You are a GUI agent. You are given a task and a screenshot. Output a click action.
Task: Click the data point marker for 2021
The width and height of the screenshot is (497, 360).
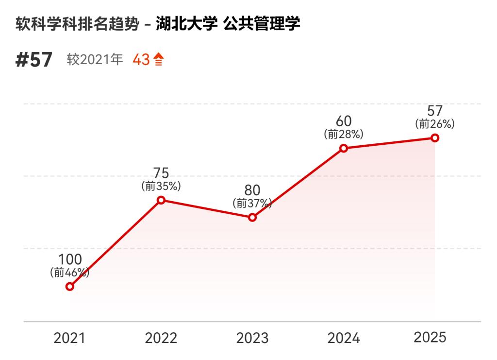70,286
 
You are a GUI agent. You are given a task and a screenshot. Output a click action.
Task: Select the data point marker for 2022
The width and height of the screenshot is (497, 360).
161,200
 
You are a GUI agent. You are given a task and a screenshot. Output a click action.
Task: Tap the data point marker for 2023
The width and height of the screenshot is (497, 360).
252,217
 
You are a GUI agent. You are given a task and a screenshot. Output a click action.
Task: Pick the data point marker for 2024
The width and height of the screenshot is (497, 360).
344,148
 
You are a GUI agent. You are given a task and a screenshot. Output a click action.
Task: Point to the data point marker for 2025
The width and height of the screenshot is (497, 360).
435,138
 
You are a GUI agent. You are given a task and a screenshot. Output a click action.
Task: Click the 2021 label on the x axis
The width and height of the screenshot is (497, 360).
69,338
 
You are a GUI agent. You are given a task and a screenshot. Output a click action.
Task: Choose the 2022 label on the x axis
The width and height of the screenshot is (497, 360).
161,338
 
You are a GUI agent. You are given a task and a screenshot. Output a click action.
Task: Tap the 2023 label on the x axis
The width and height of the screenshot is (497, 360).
252,338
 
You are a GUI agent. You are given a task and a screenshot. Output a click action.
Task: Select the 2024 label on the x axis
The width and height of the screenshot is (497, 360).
344,338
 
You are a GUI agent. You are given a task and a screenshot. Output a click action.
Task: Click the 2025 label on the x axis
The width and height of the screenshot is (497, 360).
430,337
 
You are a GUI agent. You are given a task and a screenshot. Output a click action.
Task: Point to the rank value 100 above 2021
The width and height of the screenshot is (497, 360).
70,260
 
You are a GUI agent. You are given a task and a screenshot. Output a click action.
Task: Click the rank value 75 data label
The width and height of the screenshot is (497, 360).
161,173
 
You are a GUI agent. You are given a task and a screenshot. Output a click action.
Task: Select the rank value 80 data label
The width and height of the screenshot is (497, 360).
252,190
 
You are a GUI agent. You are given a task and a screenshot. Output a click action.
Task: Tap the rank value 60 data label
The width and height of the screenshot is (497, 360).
344,121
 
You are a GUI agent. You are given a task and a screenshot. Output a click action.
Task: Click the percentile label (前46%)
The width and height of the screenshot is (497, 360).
70,273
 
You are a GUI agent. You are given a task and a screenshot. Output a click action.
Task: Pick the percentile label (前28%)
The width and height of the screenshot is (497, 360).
344,134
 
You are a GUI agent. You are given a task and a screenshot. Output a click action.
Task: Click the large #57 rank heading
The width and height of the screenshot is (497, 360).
34,60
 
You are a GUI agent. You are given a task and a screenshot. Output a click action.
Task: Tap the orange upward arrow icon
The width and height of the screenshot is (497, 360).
159,60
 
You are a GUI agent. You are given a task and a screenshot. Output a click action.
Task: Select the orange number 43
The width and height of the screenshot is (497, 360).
141,60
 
